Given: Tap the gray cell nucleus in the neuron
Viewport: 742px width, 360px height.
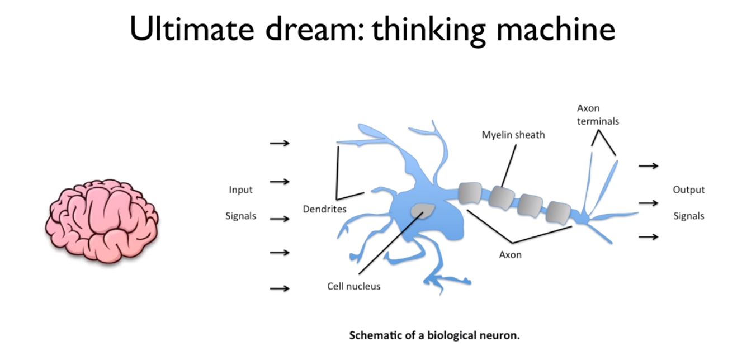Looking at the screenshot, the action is coord(423,211).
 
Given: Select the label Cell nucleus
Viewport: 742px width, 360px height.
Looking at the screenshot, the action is coord(353,286).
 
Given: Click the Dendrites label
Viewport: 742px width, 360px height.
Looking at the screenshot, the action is coord(324,209).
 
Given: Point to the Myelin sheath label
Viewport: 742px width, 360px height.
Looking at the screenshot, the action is coord(513,135).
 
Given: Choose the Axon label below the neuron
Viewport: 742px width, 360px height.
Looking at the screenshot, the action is coord(510,255).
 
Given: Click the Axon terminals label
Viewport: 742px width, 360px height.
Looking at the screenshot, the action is coord(598,115).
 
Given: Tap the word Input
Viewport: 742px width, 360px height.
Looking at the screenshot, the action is coord(240,190).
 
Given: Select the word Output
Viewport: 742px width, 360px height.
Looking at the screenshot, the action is coord(688,190).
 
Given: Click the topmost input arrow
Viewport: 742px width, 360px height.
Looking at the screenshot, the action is coord(280,143).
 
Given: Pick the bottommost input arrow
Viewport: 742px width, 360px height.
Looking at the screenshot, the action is coord(280,288).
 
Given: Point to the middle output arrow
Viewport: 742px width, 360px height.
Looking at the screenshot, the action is coord(648,203).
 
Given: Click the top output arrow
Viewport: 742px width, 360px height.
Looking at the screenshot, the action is coord(648,165).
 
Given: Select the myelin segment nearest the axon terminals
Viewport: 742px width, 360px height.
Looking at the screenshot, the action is coord(559,212).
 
